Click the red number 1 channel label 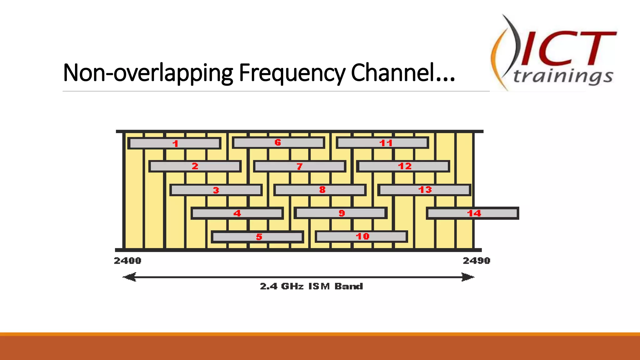(x=175, y=143)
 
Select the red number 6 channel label (x=278, y=142)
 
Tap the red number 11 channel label (x=386, y=143)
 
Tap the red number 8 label (x=322, y=190)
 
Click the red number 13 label (x=425, y=190)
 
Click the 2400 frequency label (x=127, y=261)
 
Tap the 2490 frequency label (x=477, y=261)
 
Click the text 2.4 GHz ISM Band (x=311, y=286)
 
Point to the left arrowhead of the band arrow (x=129, y=277)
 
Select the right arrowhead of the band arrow (x=468, y=277)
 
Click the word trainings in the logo (x=563, y=76)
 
